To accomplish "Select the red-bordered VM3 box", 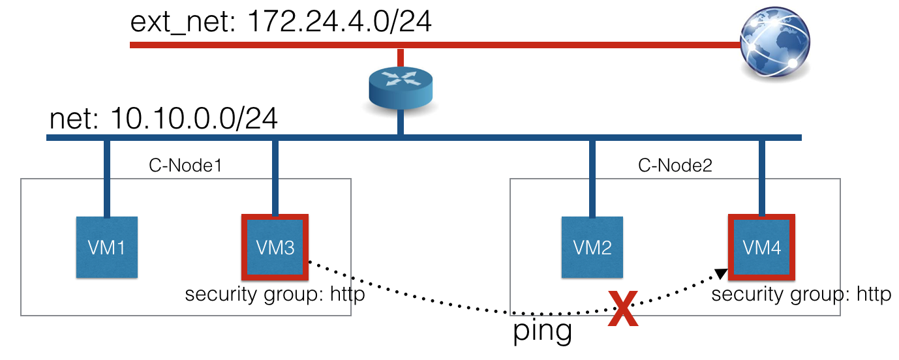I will click(275, 247).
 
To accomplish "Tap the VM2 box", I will click(591, 247).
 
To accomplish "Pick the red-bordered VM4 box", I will click(761, 247).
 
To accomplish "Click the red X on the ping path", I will click(624, 308).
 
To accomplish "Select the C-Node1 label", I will click(186, 166).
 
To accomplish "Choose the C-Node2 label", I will click(675, 166).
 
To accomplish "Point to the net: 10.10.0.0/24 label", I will click(164, 119).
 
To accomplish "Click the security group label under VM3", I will click(275, 295).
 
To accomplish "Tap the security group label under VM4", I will click(801, 295).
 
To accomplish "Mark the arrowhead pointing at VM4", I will click(721, 274).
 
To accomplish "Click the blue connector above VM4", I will click(761, 176).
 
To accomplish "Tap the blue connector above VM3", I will click(275, 176).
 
